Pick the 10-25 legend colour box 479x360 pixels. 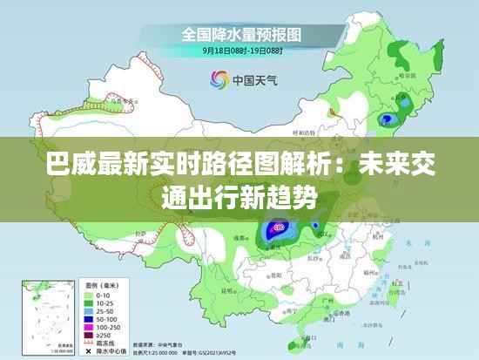pos(89,302)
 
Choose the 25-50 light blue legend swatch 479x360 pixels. pos(89,310)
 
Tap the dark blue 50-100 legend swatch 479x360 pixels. pos(89,318)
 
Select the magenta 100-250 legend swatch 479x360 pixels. pos(89,326)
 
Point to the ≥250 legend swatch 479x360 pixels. pos(89,334)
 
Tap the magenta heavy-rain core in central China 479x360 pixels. pos(278,228)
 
